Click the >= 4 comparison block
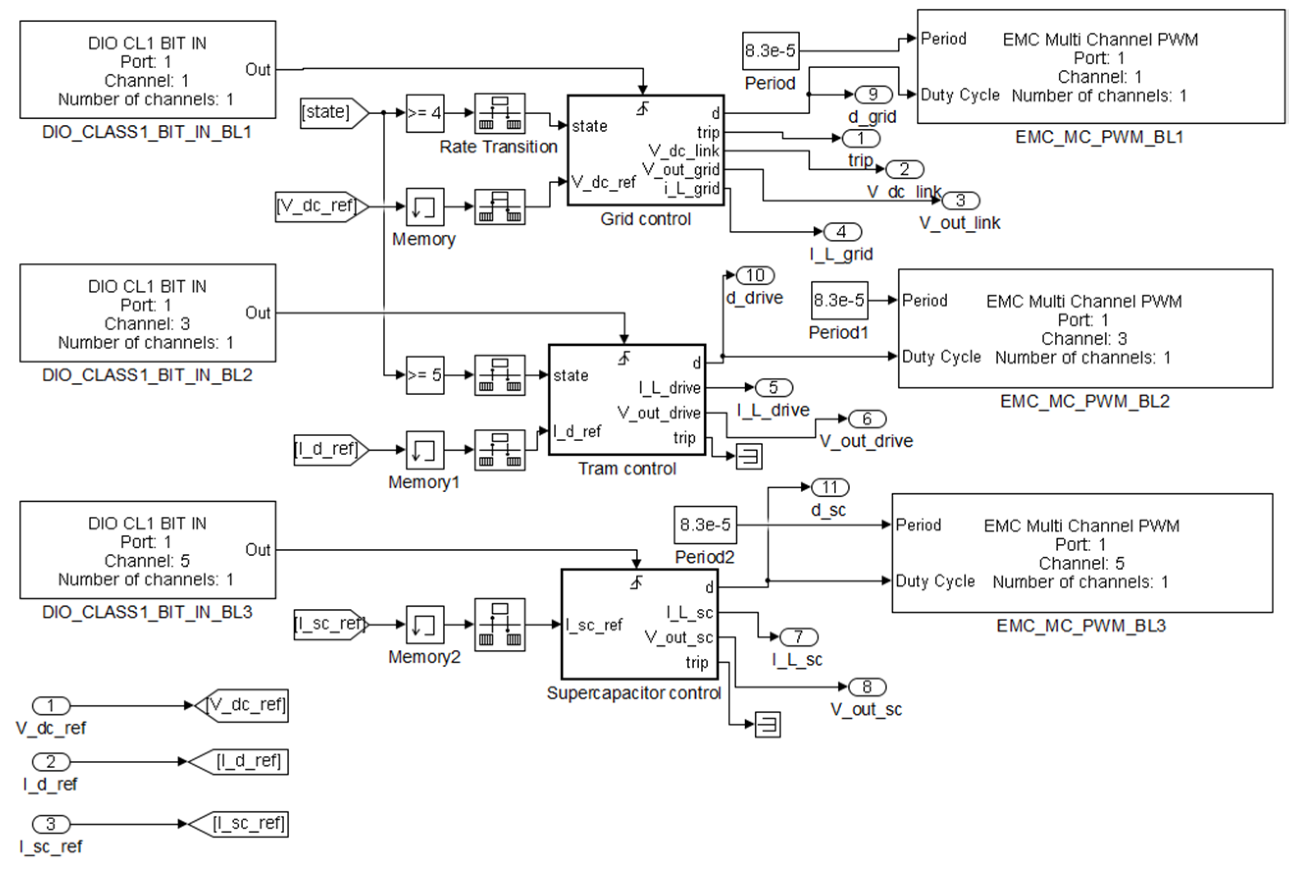tap(425, 113)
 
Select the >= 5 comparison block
tap(425, 375)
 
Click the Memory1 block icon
tap(425, 450)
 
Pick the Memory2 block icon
tap(425, 624)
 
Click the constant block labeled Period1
tap(839, 300)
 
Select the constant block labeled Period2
tap(705, 525)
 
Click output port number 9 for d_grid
tap(873, 95)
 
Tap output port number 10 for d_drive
tap(755, 275)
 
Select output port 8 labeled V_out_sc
tap(867, 687)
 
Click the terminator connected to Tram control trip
tap(749, 456)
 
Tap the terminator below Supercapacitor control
tap(768, 725)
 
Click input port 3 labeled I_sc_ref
tap(51, 824)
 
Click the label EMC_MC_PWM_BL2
tap(1084, 401)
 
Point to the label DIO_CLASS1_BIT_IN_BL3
tap(147, 612)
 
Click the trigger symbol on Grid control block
tap(643, 108)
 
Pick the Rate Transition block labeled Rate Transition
tap(500, 113)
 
